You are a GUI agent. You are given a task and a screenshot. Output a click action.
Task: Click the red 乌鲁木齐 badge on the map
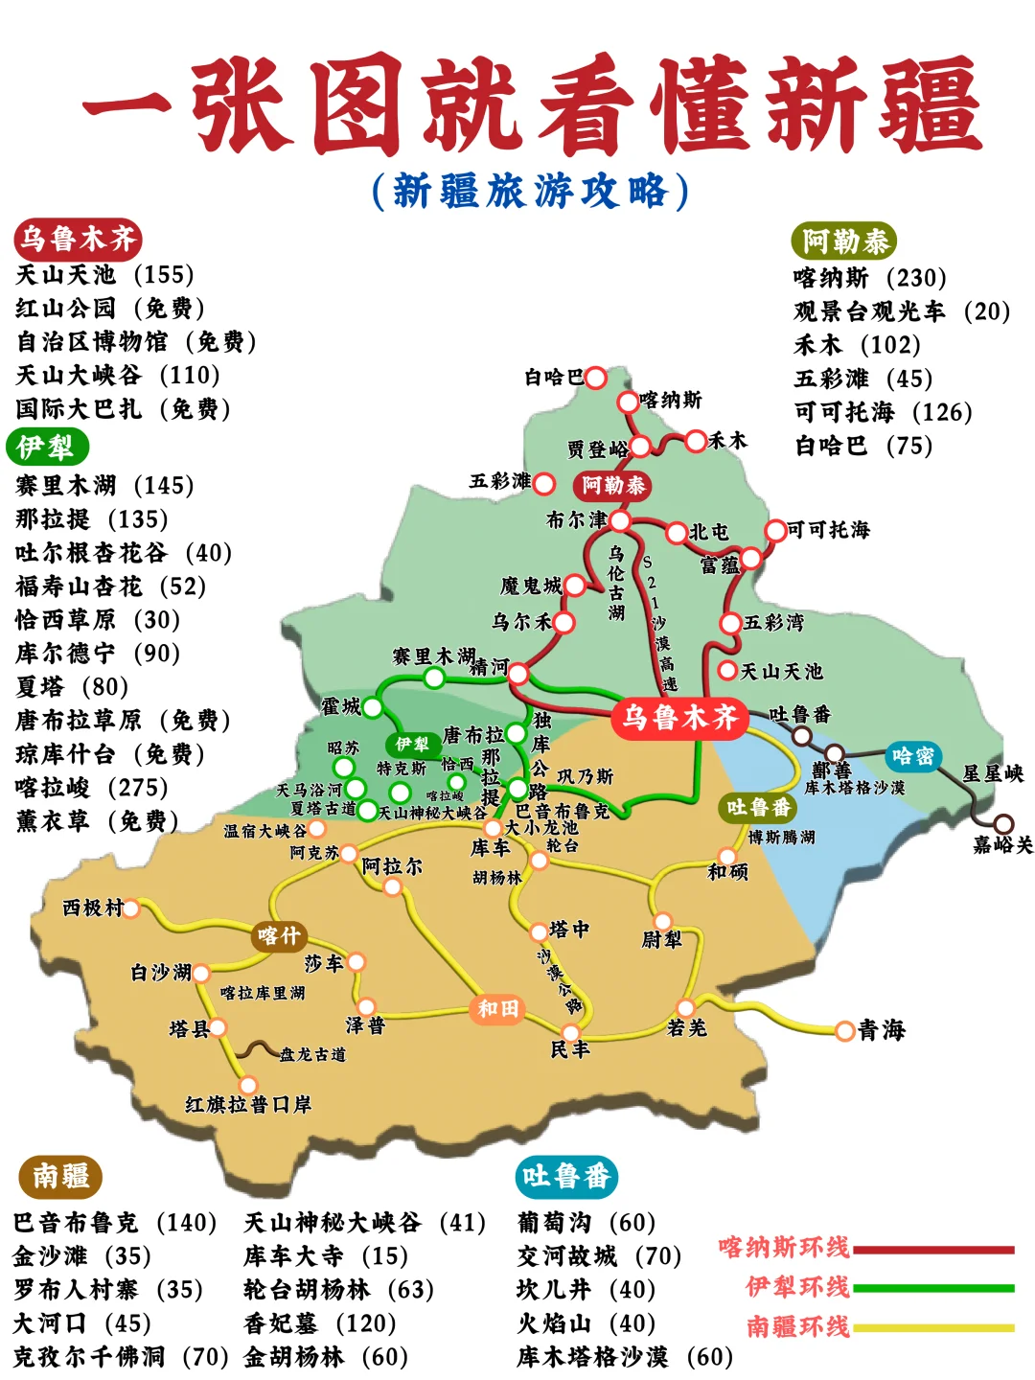[x=679, y=717]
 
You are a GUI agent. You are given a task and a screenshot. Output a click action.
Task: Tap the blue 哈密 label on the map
[x=912, y=756]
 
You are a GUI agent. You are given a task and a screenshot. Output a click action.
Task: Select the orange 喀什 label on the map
[x=279, y=935]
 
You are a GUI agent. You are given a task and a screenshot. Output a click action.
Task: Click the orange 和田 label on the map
[x=497, y=1008]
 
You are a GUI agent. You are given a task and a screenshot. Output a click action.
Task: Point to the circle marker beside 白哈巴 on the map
[x=595, y=378]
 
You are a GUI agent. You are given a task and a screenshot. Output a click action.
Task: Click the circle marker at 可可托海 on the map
[x=775, y=531]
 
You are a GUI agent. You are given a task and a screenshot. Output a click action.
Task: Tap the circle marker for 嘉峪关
[x=1003, y=823]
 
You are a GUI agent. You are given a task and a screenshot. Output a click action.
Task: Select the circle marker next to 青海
[x=844, y=1031]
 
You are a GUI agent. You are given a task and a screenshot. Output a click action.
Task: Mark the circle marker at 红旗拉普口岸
[x=248, y=1085]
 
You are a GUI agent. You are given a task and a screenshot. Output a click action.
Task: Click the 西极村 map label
[x=93, y=908]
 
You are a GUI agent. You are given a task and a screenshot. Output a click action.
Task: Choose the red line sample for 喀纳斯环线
[x=933, y=1250]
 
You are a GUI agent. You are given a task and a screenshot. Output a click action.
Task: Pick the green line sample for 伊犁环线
[x=933, y=1289]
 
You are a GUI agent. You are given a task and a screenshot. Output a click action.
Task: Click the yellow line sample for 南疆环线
[x=933, y=1328]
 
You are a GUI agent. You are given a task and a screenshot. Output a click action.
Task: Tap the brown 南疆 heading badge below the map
[x=60, y=1176]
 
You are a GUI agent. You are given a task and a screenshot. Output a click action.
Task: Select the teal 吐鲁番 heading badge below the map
[x=565, y=1176]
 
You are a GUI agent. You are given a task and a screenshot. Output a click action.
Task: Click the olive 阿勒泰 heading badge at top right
[x=844, y=241]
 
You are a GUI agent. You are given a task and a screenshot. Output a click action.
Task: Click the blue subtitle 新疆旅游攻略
[x=530, y=191]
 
